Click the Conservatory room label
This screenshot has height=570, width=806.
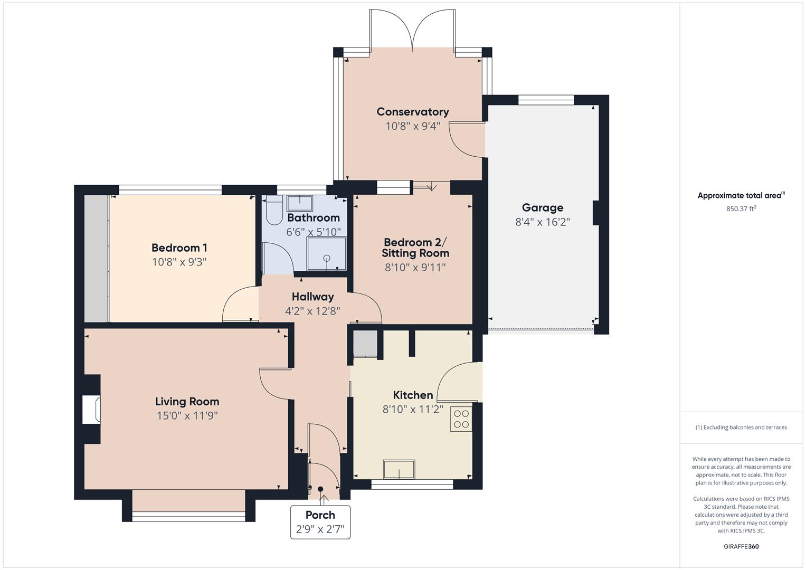click(x=412, y=111)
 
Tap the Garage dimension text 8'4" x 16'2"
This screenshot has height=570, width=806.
click(x=543, y=222)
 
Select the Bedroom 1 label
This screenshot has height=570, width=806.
click(x=179, y=248)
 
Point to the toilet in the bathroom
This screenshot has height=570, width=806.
click(x=274, y=212)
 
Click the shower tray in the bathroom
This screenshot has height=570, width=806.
click(x=327, y=254)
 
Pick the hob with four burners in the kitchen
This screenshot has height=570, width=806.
click(x=461, y=419)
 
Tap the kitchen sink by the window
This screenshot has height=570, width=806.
click(x=399, y=469)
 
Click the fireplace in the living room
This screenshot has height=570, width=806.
click(x=92, y=410)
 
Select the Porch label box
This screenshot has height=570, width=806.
click(x=320, y=522)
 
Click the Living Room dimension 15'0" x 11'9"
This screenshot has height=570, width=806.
click(x=187, y=416)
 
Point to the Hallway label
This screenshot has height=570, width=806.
click(x=312, y=297)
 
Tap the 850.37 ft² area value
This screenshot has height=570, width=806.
click(x=741, y=208)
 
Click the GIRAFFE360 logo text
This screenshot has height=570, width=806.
click(x=741, y=546)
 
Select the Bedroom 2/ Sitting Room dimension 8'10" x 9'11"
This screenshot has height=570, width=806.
click(x=415, y=268)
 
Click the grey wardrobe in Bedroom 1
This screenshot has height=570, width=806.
click(x=96, y=259)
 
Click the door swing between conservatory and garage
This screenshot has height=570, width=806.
click(x=467, y=140)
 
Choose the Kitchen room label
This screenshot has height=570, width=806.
click(x=413, y=395)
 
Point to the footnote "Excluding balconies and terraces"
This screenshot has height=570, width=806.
click(x=741, y=427)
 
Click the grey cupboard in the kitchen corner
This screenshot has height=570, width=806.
click(x=365, y=344)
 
